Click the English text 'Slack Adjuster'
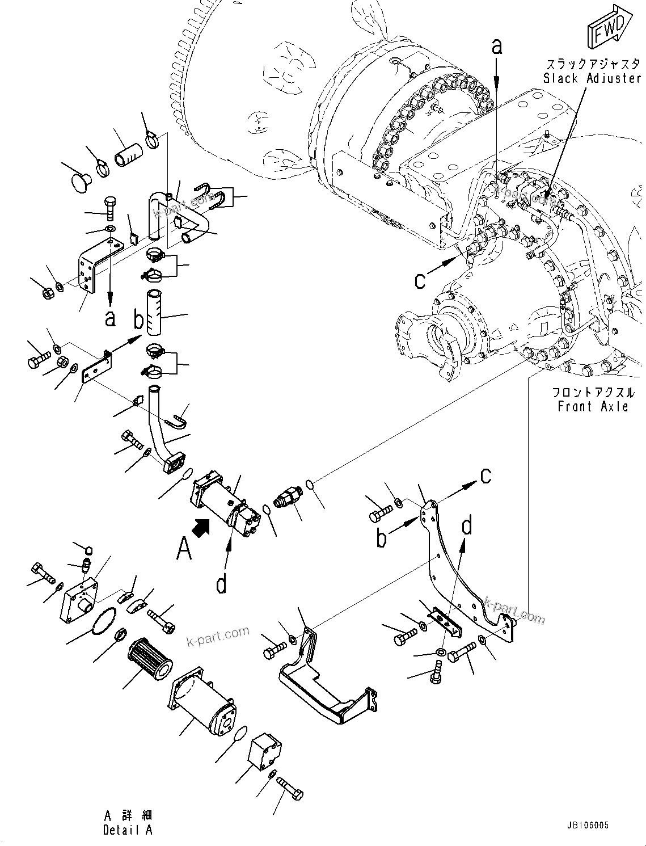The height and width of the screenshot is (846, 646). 592,78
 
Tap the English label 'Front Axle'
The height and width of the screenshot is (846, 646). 593,406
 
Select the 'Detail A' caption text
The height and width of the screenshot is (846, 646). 128,830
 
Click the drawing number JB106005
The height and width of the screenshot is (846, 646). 586,825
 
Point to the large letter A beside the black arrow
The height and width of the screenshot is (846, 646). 184,549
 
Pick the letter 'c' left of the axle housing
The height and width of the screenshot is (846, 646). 420,280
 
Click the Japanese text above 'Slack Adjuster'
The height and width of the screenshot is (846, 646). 593,64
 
